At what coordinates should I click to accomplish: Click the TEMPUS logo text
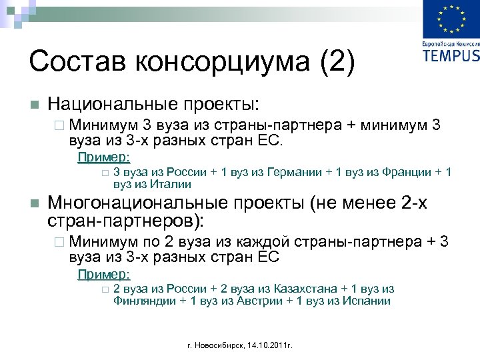[451, 55]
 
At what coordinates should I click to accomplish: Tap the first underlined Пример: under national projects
[104, 157]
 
